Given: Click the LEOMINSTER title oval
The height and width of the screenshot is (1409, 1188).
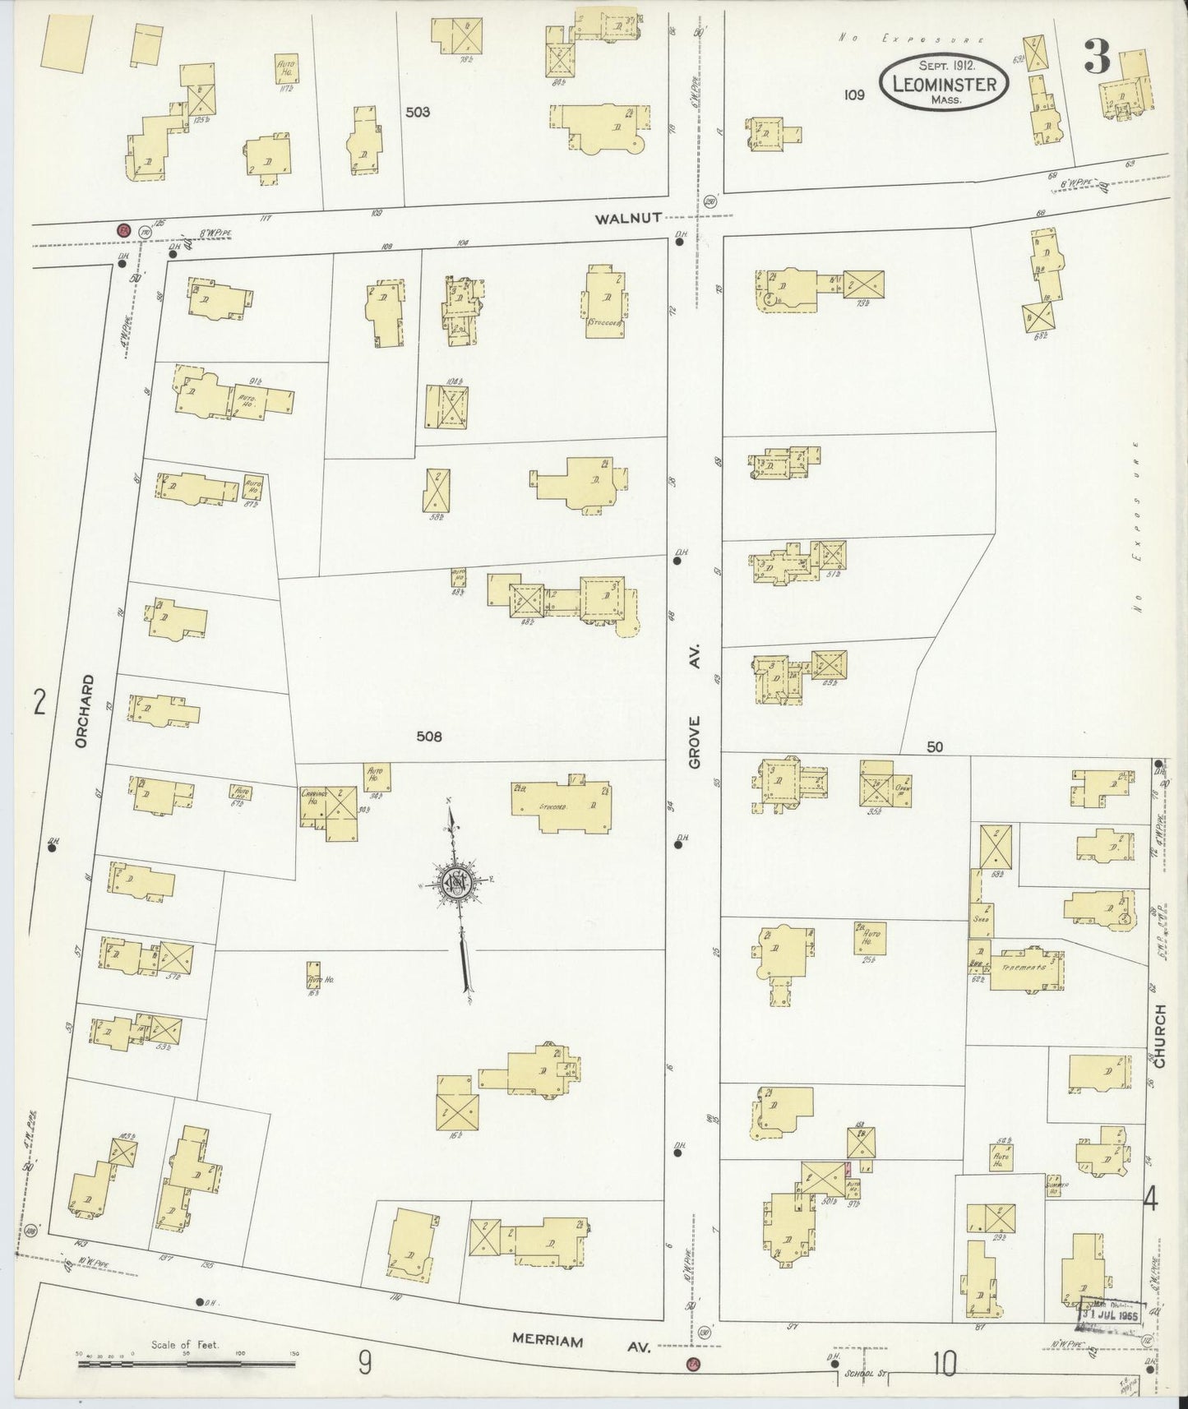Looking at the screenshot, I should pos(945,84).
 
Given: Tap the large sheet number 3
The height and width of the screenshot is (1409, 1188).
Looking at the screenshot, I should pos(1097,57).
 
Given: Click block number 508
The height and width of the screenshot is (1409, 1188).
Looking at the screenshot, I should pos(428,737).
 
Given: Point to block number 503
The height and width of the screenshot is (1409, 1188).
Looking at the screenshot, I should pos(417,112).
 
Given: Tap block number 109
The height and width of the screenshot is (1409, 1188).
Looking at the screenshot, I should pos(853,95).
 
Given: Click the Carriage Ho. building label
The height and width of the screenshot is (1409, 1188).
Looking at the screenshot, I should pos(314,796).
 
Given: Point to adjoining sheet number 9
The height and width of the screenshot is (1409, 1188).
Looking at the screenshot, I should pos(364,1364).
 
